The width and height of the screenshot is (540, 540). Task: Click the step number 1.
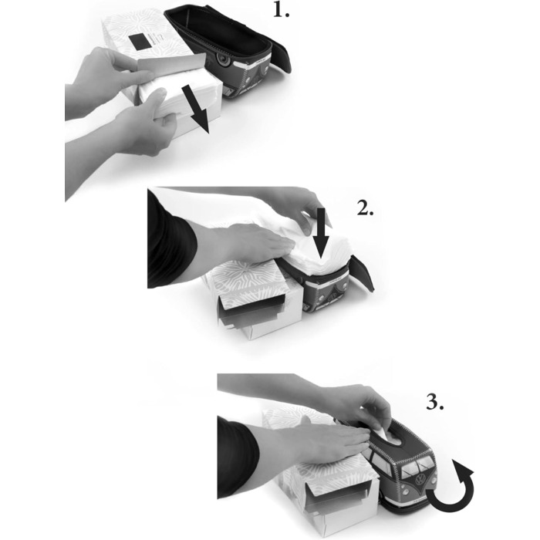[282, 10]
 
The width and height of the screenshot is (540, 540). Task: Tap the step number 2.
[365, 208]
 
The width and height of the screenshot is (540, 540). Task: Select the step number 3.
[435, 402]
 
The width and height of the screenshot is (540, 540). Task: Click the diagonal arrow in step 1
[196, 110]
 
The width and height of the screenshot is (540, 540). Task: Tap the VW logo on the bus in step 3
[421, 480]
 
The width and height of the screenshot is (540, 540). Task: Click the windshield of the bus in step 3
[415, 464]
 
